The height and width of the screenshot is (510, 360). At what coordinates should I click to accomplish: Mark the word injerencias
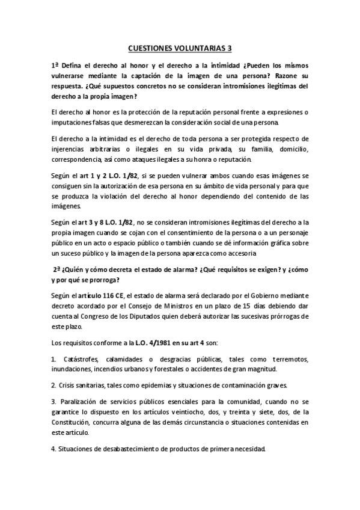click(72, 149)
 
